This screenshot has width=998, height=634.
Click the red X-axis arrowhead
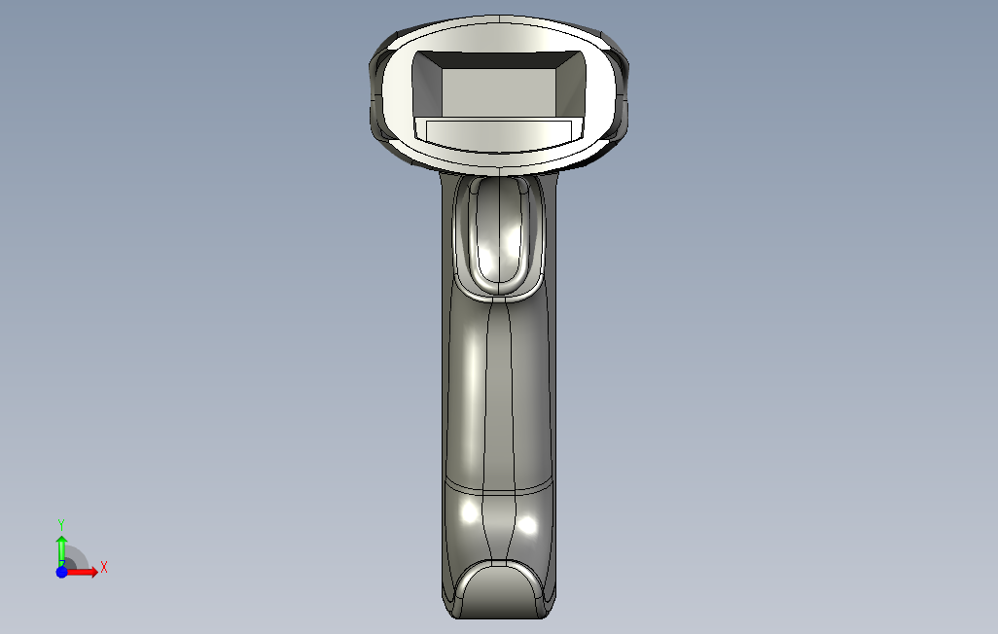tap(93, 573)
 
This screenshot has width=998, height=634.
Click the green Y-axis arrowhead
tap(61, 541)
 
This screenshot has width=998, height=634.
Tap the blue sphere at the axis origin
tap(61, 573)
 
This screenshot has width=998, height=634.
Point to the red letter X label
tap(104, 567)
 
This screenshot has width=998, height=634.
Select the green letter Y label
tap(61, 525)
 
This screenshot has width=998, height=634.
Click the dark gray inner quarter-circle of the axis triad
tap(69, 564)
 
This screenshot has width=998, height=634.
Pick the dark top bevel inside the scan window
tap(499, 60)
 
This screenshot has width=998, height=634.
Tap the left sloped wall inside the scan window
tap(428, 86)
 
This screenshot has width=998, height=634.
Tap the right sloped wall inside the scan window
tap(571, 86)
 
